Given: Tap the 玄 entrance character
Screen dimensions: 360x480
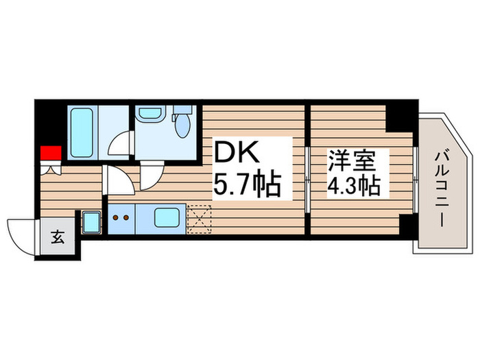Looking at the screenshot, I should (x=58, y=239).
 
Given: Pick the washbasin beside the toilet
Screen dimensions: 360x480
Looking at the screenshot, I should (x=148, y=115).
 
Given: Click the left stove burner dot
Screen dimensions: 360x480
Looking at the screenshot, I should (x=115, y=219).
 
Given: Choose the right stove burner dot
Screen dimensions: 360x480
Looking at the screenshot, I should (x=126, y=219).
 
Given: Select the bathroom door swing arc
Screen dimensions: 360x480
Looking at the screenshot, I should (x=121, y=143).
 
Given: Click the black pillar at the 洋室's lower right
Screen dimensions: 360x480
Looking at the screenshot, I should (x=407, y=224).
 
